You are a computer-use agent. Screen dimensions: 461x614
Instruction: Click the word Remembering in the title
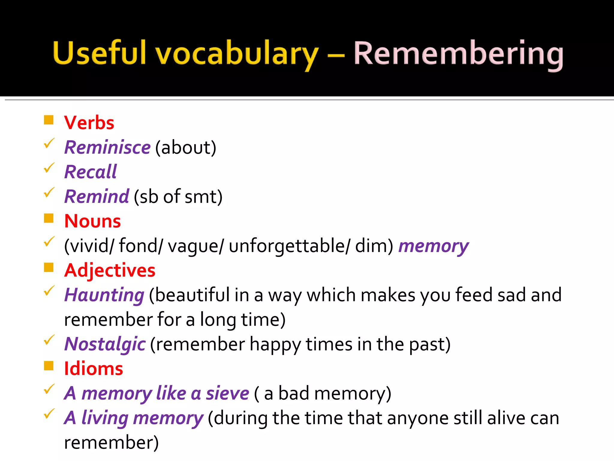pos(458,54)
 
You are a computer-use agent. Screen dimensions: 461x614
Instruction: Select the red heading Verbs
pos(89,123)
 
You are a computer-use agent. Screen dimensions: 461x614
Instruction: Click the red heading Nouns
pos(92,221)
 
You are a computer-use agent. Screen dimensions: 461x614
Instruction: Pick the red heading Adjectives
pos(110,270)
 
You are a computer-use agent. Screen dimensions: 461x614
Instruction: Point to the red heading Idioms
pos(94,369)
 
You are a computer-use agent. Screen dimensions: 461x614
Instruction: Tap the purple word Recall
pos(91,172)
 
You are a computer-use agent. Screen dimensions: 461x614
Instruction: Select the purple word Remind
pos(97,197)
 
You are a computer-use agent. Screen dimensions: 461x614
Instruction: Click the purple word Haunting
pos(104,295)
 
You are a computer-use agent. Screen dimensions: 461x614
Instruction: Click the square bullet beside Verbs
pos(49,120)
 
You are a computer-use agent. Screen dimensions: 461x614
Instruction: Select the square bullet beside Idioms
pos(49,366)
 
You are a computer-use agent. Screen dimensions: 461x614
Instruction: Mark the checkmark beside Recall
pos(49,168)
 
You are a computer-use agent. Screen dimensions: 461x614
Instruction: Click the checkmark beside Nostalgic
pos(49,340)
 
